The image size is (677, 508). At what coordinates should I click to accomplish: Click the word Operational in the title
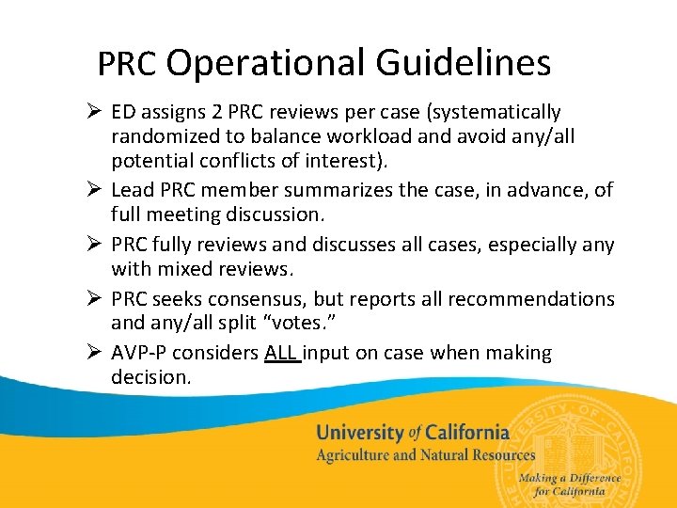point(266,64)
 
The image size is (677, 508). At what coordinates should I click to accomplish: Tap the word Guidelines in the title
point(463,64)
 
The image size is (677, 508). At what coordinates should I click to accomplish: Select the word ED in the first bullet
point(122,113)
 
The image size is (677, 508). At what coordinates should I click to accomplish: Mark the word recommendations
point(531,299)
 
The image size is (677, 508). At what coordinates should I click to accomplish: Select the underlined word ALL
point(281,353)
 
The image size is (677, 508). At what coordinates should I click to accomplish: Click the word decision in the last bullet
point(150,377)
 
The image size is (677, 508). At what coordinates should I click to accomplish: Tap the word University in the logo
point(359,433)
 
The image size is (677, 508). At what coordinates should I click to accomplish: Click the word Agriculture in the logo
point(353,455)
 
